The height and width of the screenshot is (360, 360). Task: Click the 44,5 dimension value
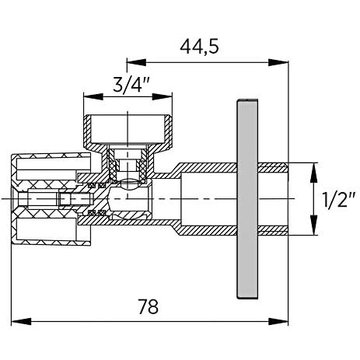coord(199,47)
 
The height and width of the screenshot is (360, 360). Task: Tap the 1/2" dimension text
coord(339,199)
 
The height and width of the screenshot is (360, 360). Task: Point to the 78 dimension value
coord(149,306)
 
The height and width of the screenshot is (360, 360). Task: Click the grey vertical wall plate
coord(247,199)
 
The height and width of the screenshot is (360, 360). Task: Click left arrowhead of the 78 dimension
coord(21,322)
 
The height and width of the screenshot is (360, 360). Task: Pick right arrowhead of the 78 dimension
coord(278,322)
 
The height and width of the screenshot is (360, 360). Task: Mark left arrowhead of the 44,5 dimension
coord(137,62)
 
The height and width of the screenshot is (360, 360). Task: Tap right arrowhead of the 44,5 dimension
coord(278,62)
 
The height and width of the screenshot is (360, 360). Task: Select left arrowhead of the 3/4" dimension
coord(93,97)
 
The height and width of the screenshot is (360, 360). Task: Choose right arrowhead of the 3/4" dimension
coord(163,97)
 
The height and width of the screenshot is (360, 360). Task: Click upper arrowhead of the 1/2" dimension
coord(314,173)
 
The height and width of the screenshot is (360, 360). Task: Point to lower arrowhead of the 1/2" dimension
coord(314,225)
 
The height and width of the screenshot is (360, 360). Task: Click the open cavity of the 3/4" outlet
coord(128,129)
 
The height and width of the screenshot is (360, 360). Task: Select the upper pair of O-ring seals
coord(96,185)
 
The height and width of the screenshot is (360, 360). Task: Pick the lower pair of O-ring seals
coord(96,213)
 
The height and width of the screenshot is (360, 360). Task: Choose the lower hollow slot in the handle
coord(46,229)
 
